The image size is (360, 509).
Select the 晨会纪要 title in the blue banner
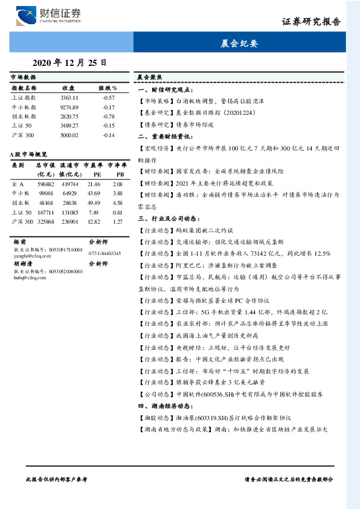tap(240, 43)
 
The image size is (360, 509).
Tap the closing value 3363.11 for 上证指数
tap(69, 97)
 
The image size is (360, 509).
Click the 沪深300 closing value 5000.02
tap(69, 135)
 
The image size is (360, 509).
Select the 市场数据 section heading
tap(24, 78)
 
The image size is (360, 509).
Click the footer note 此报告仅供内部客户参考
tap(57, 479)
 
